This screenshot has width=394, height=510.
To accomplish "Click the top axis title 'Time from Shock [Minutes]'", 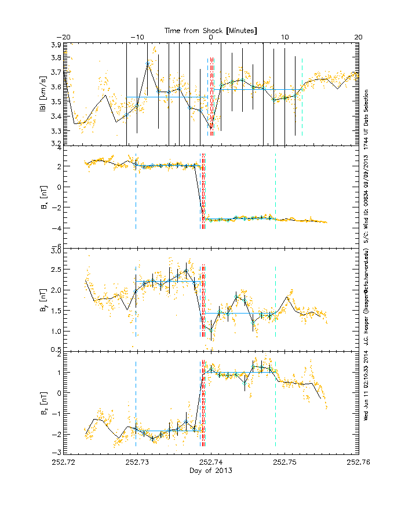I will coord(211,30).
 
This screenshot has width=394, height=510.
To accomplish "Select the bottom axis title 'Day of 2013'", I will coord(211,471).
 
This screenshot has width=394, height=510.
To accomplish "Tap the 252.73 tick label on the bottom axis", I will coord(137,462).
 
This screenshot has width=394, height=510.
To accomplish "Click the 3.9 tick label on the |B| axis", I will coord(56,45).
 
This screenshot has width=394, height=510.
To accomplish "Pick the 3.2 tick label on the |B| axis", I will coord(56,143).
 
